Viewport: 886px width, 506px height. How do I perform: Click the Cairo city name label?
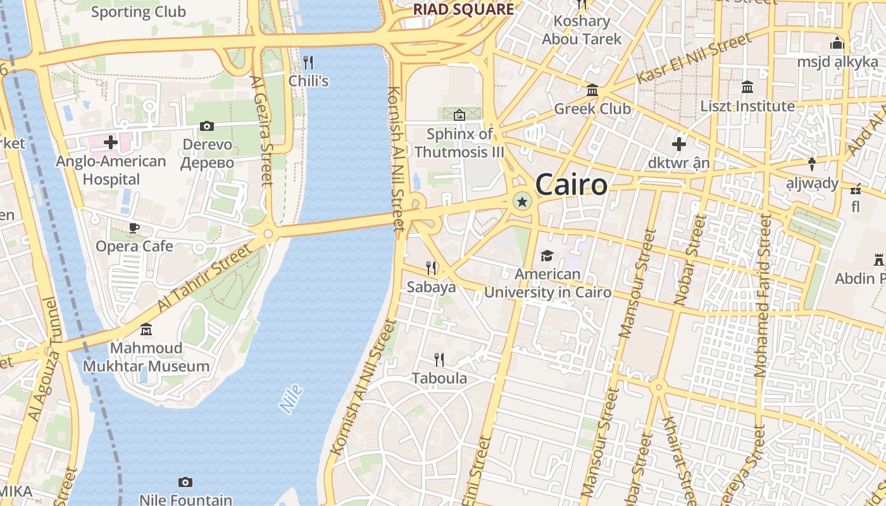point(571,185)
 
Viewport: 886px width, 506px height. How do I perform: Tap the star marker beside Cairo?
point(522,202)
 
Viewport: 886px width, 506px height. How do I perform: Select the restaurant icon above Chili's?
point(308,62)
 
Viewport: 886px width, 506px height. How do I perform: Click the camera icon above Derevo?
point(207,126)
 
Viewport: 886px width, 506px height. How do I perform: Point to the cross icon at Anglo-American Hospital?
point(111,142)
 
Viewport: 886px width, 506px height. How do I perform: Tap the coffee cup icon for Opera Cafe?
point(134,228)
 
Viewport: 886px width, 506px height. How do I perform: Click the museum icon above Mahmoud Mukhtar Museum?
point(146,330)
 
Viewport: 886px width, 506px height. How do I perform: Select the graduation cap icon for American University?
point(547,256)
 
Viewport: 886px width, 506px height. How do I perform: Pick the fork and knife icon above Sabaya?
point(431,268)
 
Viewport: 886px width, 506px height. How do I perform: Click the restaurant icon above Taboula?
point(439,360)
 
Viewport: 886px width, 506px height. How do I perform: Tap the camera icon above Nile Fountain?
point(185,483)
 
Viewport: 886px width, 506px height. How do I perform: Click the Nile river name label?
point(292,398)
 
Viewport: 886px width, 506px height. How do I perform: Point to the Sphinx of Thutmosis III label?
point(459,143)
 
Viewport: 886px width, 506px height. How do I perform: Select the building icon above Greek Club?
point(592,90)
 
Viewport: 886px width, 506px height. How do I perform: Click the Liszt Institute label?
point(747,106)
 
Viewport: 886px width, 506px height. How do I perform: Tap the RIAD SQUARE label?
point(463,9)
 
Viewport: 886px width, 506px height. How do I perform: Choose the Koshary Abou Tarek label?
point(582,30)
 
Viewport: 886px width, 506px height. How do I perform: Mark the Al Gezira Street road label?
point(261,130)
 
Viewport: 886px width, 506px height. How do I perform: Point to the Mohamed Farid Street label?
point(763,295)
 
